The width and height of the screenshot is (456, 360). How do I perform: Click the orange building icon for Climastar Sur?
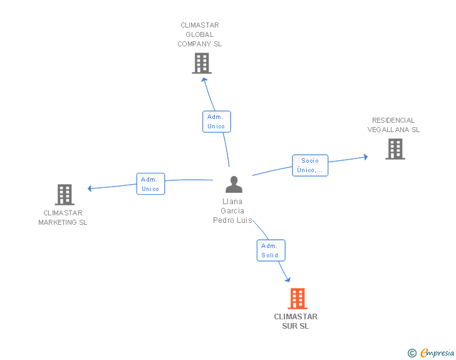[x=298, y=299]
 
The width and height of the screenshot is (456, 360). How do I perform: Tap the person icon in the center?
[x=234, y=184]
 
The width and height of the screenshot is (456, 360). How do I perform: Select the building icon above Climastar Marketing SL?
[x=65, y=195]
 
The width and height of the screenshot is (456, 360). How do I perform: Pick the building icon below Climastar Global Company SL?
[x=202, y=63]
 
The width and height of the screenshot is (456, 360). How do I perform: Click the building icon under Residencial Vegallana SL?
[x=395, y=149]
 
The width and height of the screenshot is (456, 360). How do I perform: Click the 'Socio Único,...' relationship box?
[x=310, y=165]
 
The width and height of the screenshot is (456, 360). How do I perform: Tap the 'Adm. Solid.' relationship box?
[x=271, y=250]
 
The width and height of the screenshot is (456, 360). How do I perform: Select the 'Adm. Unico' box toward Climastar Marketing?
[x=150, y=184]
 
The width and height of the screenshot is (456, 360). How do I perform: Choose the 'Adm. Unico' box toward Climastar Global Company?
[x=217, y=121]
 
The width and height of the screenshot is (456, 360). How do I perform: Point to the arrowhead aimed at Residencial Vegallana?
[x=366, y=157]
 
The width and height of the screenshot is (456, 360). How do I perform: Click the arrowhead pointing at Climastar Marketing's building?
[x=90, y=188]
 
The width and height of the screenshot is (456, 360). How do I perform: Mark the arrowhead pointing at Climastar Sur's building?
[x=288, y=279]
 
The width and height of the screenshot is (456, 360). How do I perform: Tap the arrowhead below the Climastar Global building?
[x=204, y=80]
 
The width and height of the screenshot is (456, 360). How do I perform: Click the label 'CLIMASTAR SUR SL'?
[x=296, y=321]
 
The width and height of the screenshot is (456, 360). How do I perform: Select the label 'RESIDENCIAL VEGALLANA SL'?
[x=393, y=125]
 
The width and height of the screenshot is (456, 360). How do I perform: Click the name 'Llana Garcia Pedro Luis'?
[x=232, y=211]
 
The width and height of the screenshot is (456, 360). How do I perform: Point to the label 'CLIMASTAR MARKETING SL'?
[x=63, y=217]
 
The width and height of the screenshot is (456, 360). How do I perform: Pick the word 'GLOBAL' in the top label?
[x=199, y=34]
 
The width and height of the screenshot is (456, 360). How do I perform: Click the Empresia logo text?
[x=437, y=352]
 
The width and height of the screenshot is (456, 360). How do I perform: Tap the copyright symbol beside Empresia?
[x=412, y=353]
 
